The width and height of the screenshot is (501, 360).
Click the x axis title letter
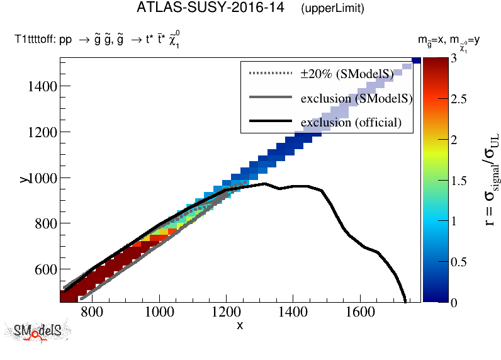point(240,325)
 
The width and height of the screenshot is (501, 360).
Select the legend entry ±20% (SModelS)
point(347,74)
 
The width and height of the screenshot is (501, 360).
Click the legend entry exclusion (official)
point(351,122)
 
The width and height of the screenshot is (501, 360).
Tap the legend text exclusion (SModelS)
point(356,98)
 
